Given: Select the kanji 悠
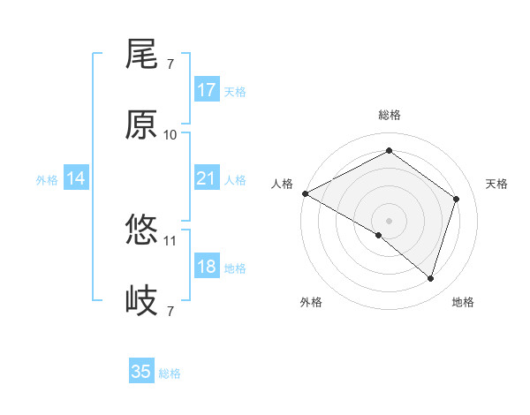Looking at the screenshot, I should click(x=141, y=230).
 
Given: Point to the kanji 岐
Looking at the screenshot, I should click(x=141, y=301).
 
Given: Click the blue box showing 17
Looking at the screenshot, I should click(x=206, y=89).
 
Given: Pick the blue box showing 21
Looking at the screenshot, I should click(x=206, y=178).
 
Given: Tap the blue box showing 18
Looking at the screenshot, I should click(x=206, y=267).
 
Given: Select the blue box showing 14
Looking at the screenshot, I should click(x=76, y=178).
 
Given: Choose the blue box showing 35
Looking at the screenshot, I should click(x=141, y=372).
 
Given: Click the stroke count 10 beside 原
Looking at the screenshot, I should click(x=170, y=134).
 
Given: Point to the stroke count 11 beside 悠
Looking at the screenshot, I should click(x=170, y=240).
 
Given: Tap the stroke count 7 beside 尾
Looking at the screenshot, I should click(x=170, y=64).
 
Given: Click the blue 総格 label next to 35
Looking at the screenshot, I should click(x=170, y=373).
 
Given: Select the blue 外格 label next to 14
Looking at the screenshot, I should click(x=47, y=179).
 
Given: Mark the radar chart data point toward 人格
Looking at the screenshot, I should click(x=305, y=193).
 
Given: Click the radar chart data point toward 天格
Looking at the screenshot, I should click(x=456, y=199).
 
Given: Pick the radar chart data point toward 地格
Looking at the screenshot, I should click(x=430, y=278).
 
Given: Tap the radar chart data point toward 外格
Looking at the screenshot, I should click(x=379, y=235).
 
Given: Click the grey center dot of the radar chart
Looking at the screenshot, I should click(x=390, y=220).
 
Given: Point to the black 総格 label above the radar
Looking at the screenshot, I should click(x=390, y=115).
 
